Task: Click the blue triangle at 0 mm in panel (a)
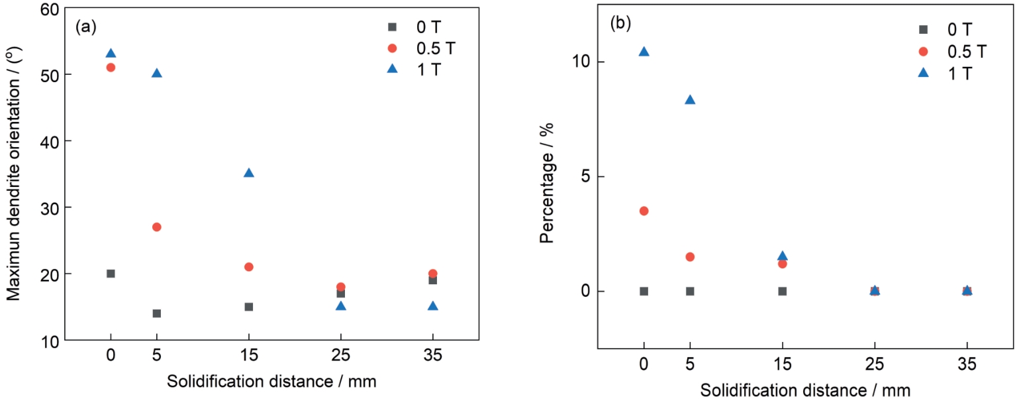[111, 53]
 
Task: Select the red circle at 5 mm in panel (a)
[157, 227]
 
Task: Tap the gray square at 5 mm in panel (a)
[157, 313]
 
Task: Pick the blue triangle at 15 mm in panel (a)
[249, 172]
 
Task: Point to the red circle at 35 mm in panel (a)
[432, 273]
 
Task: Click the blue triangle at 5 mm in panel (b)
[690, 99]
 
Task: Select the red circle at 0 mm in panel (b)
[644, 211]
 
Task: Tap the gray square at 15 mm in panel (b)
[782, 291]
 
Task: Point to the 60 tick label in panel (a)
[49, 9]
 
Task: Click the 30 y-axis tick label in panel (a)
[49, 207]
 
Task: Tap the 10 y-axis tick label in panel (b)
[579, 62]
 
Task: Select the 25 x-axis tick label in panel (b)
[875, 366]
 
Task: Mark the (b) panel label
[620, 24]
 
